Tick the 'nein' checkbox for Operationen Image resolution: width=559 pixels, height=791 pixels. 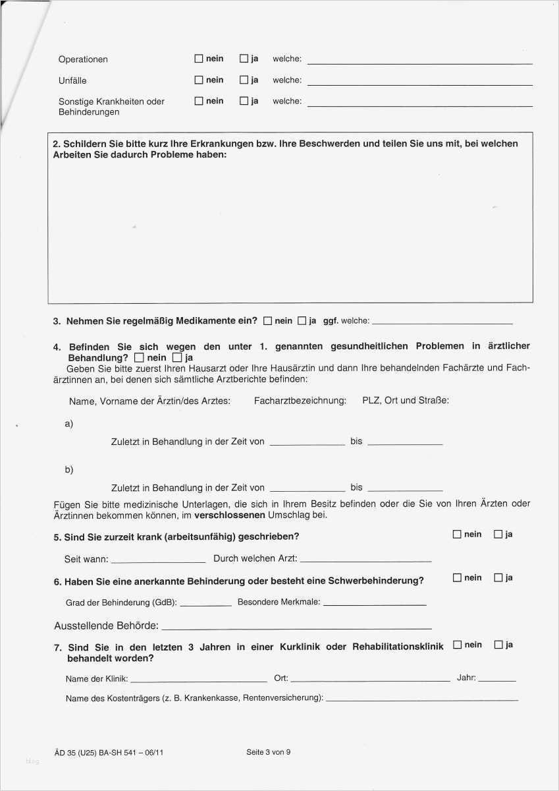[x=199, y=59]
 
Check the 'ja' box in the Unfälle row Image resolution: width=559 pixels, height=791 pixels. [x=244, y=80]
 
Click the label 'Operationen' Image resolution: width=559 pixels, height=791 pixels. [x=83, y=59]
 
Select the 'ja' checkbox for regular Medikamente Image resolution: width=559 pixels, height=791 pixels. [x=302, y=321]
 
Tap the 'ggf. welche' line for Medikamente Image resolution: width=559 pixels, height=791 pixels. [x=442, y=322]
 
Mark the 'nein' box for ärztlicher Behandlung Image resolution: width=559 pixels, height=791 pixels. [x=138, y=358]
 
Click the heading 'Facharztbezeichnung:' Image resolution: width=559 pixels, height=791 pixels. [x=300, y=400]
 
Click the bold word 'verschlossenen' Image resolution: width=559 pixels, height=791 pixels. [x=233, y=515]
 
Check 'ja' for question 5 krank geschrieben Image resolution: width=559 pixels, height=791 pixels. [x=498, y=534]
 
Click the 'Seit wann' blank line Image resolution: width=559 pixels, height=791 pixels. [x=158, y=560]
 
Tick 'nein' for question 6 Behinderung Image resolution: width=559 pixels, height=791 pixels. [x=457, y=577]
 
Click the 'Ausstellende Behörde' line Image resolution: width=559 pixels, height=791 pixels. [x=296, y=627]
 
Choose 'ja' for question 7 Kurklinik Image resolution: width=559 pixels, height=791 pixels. [x=498, y=645]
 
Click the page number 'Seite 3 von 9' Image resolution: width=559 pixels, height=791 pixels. [x=268, y=752]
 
